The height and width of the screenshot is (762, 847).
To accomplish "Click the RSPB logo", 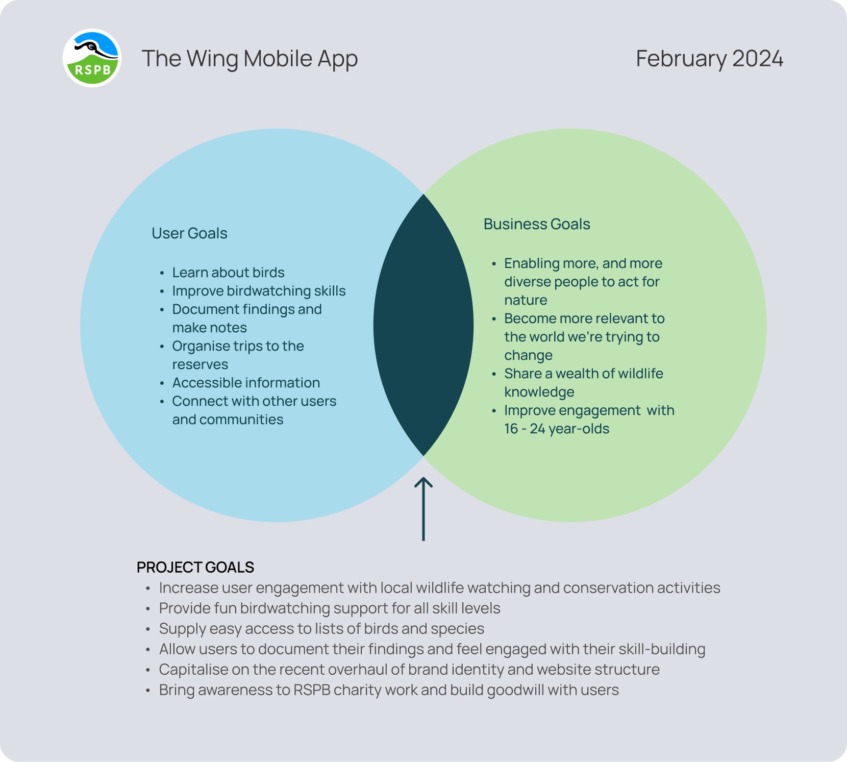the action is [92, 58].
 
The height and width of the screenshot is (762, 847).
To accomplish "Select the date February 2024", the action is [709, 59].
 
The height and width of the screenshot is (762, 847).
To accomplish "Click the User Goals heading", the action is [189, 233].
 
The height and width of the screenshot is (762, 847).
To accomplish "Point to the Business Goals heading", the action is [537, 224].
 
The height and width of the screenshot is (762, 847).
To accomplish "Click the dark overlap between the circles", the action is [424, 325].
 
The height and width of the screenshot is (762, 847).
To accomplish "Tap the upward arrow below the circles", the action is [424, 509].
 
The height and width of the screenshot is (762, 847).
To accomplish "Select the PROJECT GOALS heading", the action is [195, 568].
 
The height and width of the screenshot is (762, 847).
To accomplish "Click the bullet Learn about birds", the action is [228, 273].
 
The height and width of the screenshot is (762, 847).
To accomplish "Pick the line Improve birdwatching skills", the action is [259, 291].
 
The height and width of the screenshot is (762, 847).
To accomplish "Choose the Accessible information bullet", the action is [246, 383].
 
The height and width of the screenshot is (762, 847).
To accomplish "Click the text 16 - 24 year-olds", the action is [557, 429].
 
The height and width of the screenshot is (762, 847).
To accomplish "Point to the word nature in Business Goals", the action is [526, 300].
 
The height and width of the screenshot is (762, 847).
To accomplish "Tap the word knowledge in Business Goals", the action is [539, 392].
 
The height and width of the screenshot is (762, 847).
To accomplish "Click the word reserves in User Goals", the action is [200, 365].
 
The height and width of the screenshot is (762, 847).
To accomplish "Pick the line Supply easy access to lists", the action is [321, 629].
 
